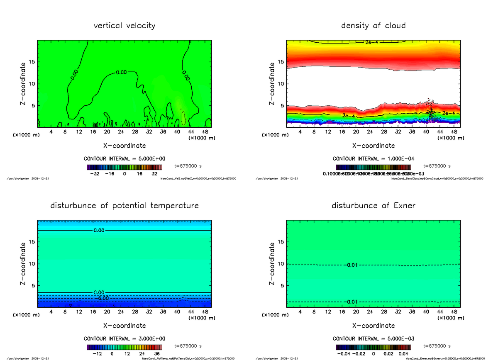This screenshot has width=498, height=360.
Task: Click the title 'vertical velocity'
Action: pyautogui.click(x=124, y=26)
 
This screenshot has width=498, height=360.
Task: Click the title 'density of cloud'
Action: pyautogui.click(x=373, y=26)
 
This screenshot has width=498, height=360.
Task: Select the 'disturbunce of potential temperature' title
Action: pyautogui.click(x=124, y=206)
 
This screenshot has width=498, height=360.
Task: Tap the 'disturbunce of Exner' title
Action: pyautogui.click(x=373, y=206)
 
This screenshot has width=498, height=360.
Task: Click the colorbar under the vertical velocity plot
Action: pyautogui.click(x=124, y=167)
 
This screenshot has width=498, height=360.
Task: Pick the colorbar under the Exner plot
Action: pyautogui.click(x=373, y=347)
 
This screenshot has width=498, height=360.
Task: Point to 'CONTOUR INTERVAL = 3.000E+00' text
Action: pyautogui.click(x=124, y=338)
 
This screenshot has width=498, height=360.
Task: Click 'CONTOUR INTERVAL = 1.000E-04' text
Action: pyautogui.click(x=373, y=158)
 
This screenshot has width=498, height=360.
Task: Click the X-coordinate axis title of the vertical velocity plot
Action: pyautogui.click(x=124, y=146)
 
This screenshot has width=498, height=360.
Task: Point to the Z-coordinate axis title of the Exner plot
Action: pyautogui.click(x=272, y=264)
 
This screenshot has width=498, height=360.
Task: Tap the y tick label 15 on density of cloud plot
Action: pyautogui.click(x=281, y=62)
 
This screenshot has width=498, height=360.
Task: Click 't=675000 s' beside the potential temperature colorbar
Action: pyautogui.click(x=188, y=346)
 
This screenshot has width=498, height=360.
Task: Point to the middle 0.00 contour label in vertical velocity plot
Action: pyautogui.click(x=121, y=73)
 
